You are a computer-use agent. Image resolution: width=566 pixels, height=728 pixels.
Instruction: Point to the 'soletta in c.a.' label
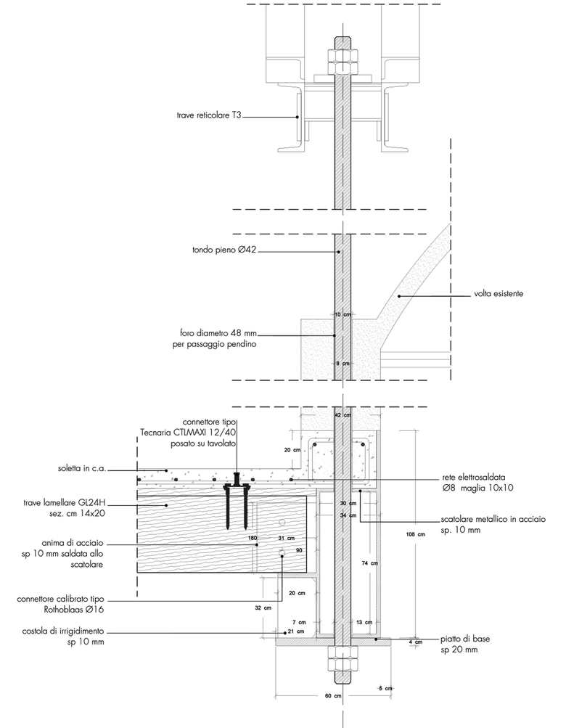click(82, 468)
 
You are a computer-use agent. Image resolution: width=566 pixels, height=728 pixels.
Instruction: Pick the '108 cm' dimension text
click(415, 535)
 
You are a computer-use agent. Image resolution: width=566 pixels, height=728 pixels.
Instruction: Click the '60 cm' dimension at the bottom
click(332, 696)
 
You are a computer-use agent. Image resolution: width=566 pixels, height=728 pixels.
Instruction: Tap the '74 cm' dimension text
click(369, 563)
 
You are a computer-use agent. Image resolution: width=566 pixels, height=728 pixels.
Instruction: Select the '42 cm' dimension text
click(341, 415)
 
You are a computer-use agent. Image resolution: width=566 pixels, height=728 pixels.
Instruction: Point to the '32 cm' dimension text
click(263, 607)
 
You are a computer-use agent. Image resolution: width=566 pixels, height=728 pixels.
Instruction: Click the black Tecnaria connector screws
click(237, 501)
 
